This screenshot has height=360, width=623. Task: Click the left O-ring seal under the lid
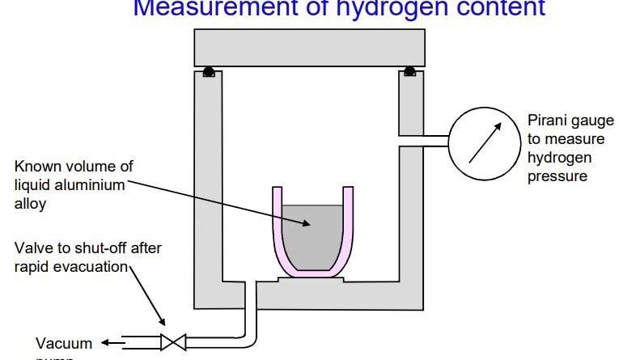(209, 71)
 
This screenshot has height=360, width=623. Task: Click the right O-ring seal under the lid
(409, 71)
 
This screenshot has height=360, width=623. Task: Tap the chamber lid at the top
(310, 48)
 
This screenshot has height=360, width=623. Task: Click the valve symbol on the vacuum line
(173, 341)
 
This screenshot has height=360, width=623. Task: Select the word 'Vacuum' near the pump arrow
(64, 343)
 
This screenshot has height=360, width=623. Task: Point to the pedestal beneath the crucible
(311, 280)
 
